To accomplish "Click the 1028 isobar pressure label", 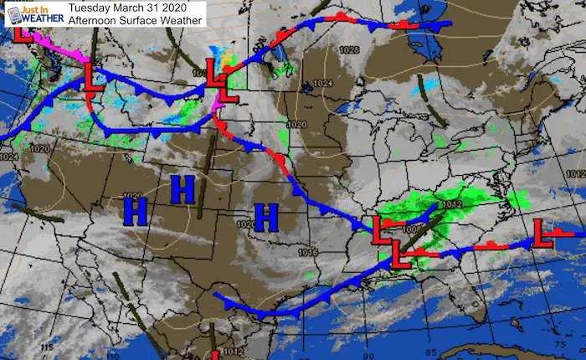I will pyautogui.click(x=351, y=50).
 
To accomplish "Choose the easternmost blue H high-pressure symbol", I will pyautogui.click(x=266, y=217).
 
